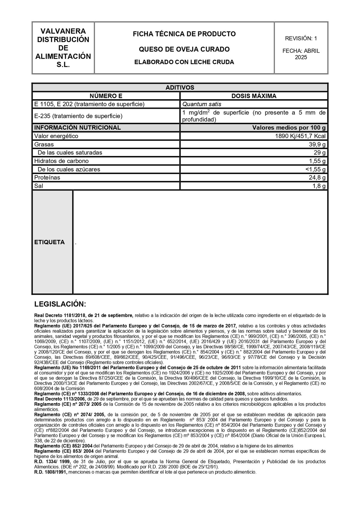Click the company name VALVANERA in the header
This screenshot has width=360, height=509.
point(63,31)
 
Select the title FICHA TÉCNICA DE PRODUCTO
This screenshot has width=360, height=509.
point(184,34)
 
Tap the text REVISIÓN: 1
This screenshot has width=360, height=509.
point(301,38)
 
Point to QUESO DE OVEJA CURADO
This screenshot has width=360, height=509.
point(184,49)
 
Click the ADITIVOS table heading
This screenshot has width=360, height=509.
point(180,88)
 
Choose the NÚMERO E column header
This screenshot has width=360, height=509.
point(106,96)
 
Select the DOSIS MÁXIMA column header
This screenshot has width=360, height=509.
point(254,96)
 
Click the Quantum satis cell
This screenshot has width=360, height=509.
point(202,104)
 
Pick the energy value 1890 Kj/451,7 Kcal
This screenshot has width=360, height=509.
point(300,136)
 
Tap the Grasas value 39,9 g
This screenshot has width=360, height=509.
point(317,145)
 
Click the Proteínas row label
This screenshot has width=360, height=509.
point(47,178)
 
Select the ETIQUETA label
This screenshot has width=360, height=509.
point(49,242)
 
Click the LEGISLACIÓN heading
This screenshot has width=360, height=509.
point(60,304)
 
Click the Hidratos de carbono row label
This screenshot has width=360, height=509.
point(61,161)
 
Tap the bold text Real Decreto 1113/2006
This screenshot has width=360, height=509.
point(60,399)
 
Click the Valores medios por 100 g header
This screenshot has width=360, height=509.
point(289,128)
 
